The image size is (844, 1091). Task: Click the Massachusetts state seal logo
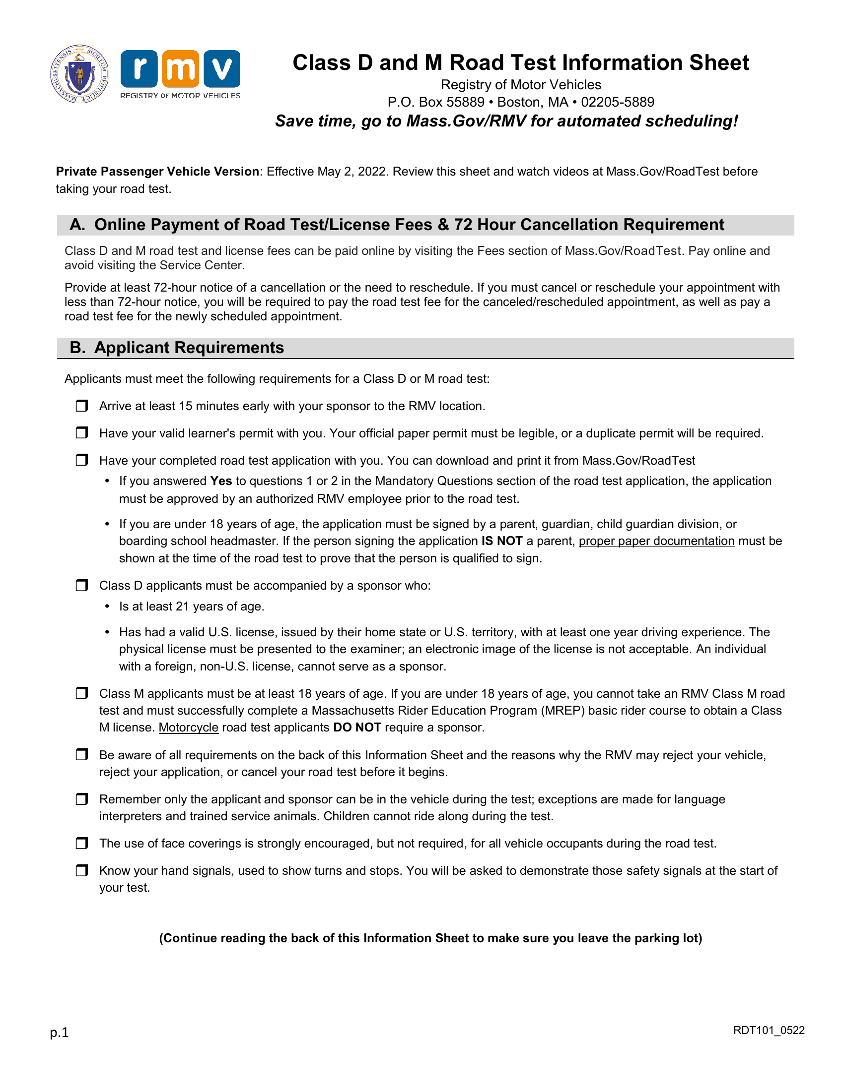79,74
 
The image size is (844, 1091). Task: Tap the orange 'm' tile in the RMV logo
180,68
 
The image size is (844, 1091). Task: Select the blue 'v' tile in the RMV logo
221,68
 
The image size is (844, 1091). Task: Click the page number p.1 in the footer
59,1031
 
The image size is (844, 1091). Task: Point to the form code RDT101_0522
769,1030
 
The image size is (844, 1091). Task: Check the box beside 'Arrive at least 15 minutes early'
81,406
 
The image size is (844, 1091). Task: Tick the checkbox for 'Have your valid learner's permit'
81,432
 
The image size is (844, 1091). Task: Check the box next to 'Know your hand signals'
81,870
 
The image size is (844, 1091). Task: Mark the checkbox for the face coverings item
81,843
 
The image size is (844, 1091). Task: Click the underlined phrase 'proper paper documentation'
656,541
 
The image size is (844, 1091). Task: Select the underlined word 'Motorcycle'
189,727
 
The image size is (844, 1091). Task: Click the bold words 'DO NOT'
357,727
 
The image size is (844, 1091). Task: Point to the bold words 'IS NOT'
501,541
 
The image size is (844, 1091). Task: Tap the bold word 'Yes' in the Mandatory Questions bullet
221,481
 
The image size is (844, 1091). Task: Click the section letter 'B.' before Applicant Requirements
77,348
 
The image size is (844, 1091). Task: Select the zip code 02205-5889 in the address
618,102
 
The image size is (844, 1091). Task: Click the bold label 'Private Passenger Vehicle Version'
157,172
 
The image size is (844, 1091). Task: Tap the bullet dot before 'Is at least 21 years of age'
107,606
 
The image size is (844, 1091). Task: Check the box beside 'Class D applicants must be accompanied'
81,585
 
